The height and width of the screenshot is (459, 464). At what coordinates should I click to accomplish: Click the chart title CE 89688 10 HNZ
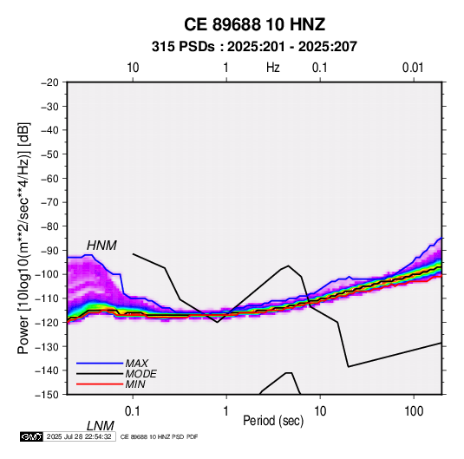tap(254, 24)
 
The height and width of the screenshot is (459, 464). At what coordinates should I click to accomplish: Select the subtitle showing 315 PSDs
tap(254, 47)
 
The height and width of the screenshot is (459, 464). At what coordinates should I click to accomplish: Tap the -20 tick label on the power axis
tap(49, 82)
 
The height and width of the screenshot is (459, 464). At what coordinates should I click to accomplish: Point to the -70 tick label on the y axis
tap(49, 202)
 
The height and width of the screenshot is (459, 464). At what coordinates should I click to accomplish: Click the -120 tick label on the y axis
tap(47, 322)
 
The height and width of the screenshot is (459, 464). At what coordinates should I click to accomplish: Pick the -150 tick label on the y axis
tap(47, 395)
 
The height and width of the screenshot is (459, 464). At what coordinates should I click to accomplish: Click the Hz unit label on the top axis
tap(273, 68)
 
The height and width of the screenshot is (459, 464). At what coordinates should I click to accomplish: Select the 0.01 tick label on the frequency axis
tap(413, 68)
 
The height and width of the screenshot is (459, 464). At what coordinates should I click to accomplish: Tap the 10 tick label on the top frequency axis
tap(133, 68)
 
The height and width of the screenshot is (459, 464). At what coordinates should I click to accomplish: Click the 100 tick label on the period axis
tap(413, 411)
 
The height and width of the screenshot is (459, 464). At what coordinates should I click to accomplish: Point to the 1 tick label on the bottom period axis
tap(226, 411)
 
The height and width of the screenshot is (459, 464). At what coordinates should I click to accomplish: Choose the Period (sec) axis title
tap(273, 421)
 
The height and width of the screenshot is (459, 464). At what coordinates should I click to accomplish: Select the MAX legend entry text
tap(136, 364)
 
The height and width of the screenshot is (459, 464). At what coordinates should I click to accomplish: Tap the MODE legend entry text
tap(141, 374)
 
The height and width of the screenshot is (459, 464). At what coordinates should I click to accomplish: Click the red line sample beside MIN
tap(100, 384)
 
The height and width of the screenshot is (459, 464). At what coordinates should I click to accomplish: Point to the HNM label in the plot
tap(101, 246)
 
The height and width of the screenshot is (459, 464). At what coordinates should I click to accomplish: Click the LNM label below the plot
tap(100, 426)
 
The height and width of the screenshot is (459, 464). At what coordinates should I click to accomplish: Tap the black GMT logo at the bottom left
tap(32, 436)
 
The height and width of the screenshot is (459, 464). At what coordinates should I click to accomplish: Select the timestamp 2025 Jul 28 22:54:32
tap(79, 436)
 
